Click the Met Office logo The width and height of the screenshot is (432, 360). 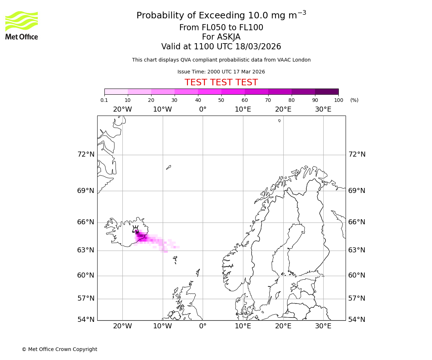tap(22, 25)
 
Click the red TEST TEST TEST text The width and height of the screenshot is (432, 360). tap(221, 82)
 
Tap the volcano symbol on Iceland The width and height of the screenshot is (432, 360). tap(135, 229)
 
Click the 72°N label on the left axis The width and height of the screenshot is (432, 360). tap(86, 154)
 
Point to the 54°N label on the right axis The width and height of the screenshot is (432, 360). tap(357, 320)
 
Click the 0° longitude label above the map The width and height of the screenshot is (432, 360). tap(203, 109)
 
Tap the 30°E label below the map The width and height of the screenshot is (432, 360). tap(323, 326)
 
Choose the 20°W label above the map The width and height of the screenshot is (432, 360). tap(122, 109)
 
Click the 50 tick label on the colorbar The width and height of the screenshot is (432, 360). tap(221, 100)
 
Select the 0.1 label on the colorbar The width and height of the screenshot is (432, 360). tap(104, 100)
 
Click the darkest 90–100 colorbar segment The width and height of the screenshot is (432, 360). tap(327, 91)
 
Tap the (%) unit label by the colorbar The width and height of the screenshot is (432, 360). tap(354, 100)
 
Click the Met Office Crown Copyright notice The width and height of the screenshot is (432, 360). tap(59, 349)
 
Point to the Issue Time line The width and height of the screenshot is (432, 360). tap(221, 72)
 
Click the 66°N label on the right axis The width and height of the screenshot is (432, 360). tap(357, 222)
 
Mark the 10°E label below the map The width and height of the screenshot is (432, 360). tap(243, 326)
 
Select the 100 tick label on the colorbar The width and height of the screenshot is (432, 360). tap(338, 100)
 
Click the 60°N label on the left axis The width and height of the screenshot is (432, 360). tap(86, 275)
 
